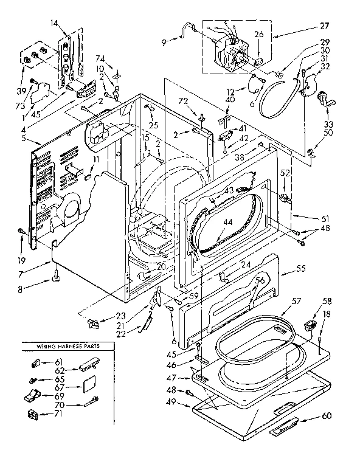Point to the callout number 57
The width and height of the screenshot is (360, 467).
pos(296,301)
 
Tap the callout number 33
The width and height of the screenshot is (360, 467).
pos(328,123)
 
